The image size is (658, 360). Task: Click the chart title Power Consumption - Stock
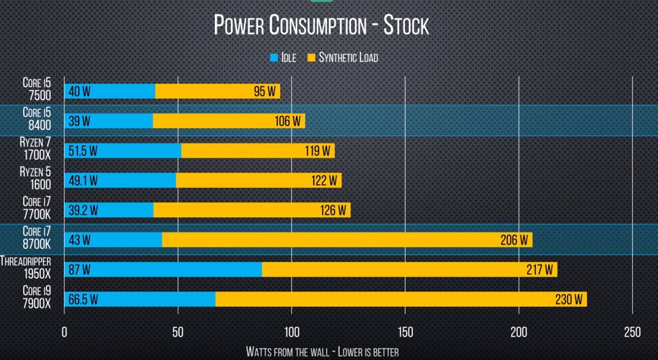[321, 25]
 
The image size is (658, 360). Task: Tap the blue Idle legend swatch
[274, 58]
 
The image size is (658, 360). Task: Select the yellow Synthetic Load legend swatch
[311, 58]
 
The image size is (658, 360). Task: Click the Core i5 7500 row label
[37, 89]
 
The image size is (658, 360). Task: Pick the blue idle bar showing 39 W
[109, 121]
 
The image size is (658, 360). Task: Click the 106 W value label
[288, 121]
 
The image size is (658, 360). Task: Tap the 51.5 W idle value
[82, 151]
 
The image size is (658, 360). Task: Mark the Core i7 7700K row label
[36, 208]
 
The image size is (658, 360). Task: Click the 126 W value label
[333, 211]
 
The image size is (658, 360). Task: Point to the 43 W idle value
[79, 240]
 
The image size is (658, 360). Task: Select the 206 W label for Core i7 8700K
[514, 240]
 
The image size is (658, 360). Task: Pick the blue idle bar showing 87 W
[163, 270]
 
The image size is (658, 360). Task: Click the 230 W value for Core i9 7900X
[569, 300]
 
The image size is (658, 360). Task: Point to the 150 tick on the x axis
[405, 332]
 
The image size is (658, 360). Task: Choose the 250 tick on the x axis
[632, 332]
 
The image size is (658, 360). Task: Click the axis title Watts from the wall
[322, 352]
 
